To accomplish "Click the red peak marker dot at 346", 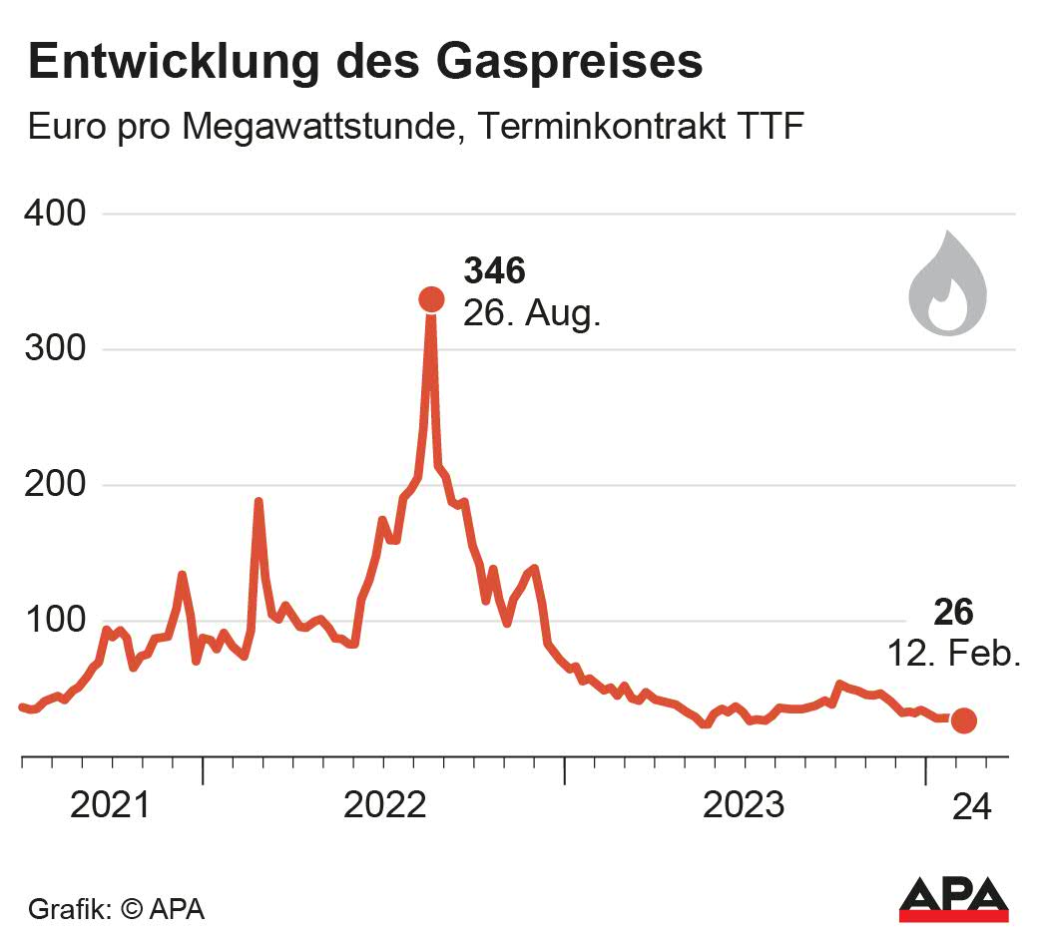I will click(x=431, y=298).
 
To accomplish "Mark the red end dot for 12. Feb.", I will click(x=963, y=720).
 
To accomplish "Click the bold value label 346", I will click(x=494, y=270).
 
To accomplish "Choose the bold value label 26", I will click(x=953, y=612).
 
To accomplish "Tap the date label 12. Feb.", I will click(x=954, y=655).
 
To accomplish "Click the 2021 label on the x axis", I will click(x=111, y=804).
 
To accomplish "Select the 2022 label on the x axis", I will click(x=385, y=804).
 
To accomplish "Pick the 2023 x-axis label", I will click(x=744, y=804).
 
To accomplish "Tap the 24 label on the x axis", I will click(x=972, y=805).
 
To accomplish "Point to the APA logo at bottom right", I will click(x=953, y=898).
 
